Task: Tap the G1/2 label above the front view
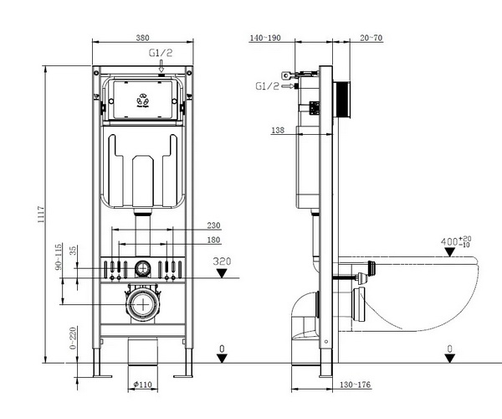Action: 161,53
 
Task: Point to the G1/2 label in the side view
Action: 268,85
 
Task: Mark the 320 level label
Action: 221,261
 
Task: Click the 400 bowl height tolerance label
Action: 456,242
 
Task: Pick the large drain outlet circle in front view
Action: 144,303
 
